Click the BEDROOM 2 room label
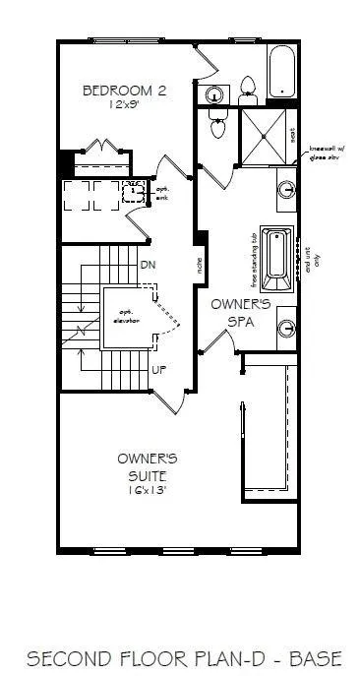[123, 90]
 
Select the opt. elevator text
[126, 318]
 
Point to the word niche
[200, 265]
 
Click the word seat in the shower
[292, 135]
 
